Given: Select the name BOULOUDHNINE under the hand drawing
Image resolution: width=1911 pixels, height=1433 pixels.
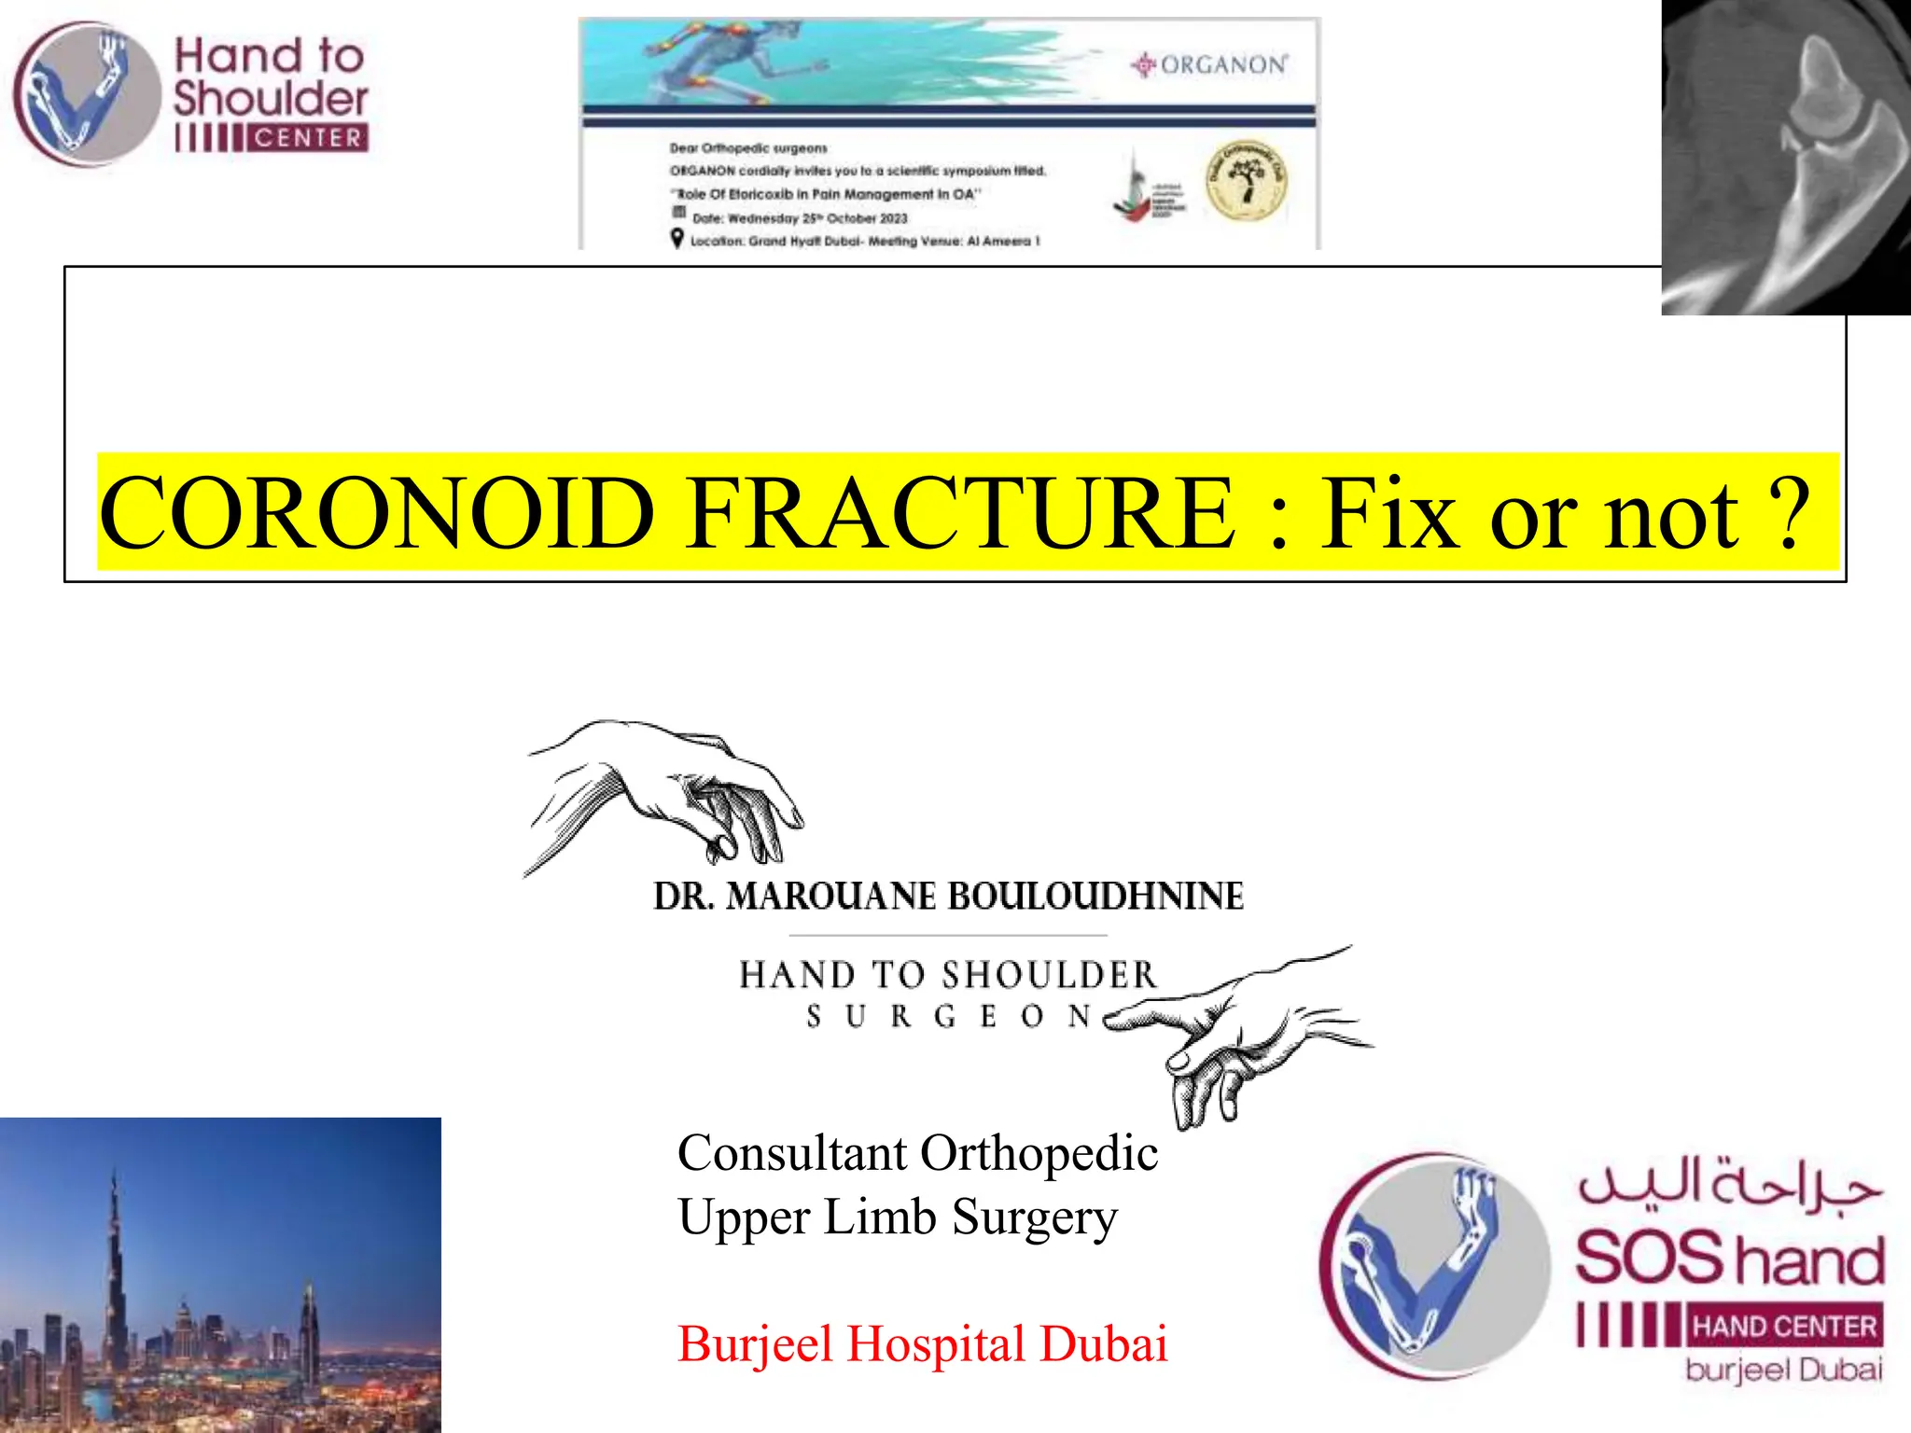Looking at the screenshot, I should pos(1095,897).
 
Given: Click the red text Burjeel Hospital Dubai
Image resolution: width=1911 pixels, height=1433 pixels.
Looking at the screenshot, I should pos(922,1344).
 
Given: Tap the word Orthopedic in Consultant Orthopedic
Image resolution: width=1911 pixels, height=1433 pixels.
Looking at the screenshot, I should pos(1039,1153).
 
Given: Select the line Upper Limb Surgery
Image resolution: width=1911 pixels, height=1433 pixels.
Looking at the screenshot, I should pos(897,1217).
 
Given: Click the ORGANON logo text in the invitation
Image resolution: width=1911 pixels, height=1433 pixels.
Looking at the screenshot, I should pos(1222,65).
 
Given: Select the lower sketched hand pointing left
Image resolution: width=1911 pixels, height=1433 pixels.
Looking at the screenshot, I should pos(1232,1036).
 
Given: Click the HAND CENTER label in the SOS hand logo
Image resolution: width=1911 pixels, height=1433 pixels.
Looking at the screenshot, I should pos(1784,1326).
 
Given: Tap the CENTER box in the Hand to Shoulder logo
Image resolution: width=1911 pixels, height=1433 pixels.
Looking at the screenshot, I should pos(307,138).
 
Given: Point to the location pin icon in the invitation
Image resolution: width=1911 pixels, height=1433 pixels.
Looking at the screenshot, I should pos(677,239).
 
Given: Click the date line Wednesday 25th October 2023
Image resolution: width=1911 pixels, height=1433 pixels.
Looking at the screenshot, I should pos(800,218).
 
